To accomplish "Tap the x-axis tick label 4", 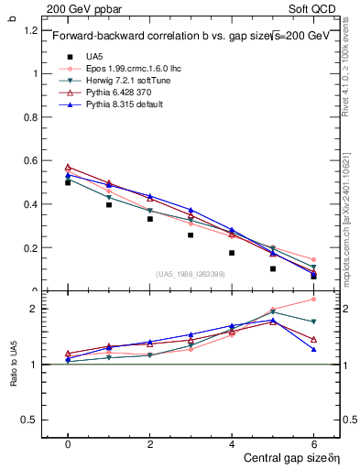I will click(x=231, y=444).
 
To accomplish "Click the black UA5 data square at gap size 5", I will click(x=272, y=269).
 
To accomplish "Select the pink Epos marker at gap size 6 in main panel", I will click(x=313, y=260).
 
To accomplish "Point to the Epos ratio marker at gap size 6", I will click(x=313, y=299).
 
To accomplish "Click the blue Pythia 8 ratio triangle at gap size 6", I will click(x=313, y=349).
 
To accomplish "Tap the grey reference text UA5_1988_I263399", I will click(x=193, y=274).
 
